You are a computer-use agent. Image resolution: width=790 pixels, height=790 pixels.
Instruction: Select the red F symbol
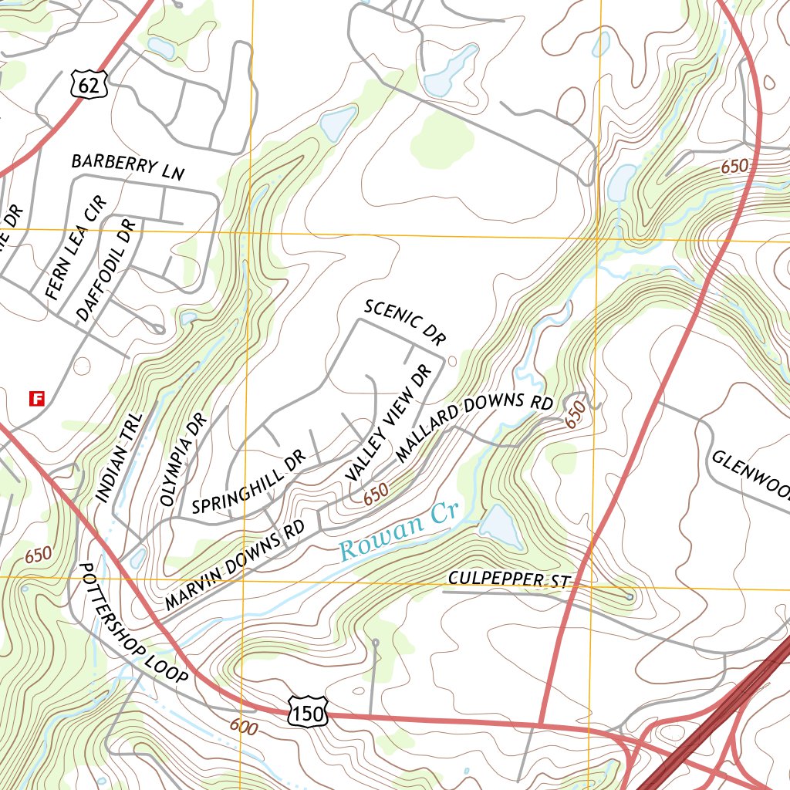tap(35, 398)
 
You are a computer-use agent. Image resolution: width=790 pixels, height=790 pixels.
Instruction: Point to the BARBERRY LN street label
tap(128, 167)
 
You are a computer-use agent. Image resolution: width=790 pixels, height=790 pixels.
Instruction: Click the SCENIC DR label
tap(406, 322)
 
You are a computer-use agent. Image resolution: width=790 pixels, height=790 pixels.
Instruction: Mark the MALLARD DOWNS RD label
tap(474, 428)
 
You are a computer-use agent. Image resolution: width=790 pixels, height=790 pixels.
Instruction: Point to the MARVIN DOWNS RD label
tap(235, 564)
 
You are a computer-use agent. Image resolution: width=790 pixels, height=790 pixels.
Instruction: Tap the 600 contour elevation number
tap(243, 727)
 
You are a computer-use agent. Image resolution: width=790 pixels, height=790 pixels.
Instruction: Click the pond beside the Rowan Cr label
tap(500, 525)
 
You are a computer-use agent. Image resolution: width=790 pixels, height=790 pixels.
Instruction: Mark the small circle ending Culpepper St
tap(630, 596)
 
